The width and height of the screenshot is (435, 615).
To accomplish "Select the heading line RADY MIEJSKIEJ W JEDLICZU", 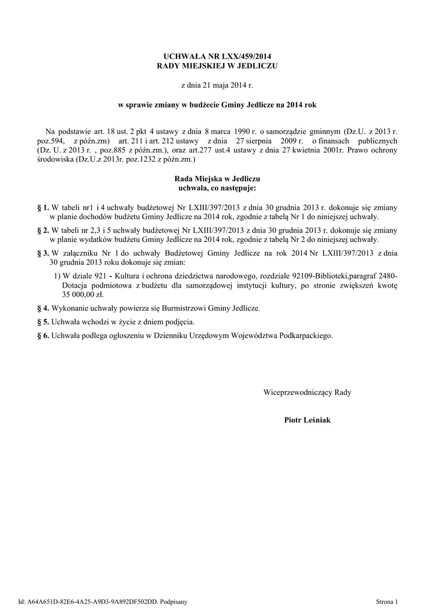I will pyautogui.click(x=217, y=65).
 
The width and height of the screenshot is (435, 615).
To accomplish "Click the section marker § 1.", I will pyautogui.click(x=43, y=207).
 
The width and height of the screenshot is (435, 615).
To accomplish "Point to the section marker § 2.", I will pyautogui.click(x=43, y=230).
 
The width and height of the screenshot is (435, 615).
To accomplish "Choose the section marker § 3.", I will pyautogui.click(x=43, y=253).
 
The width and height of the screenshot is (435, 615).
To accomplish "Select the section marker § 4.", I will pyautogui.click(x=43, y=308).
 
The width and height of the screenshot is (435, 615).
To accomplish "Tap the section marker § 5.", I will pyautogui.click(x=43, y=322).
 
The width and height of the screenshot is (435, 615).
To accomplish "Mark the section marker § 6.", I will pyautogui.click(x=43, y=336).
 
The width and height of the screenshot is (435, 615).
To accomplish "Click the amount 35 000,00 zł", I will pyautogui.click(x=83, y=295).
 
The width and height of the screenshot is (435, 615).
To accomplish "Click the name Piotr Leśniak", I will pyautogui.click(x=307, y=420).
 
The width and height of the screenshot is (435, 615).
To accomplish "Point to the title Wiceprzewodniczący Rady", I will pyautogui.click(x=307, y=392).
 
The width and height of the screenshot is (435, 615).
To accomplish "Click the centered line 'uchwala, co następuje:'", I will pyautogui.click(x=217, y=189).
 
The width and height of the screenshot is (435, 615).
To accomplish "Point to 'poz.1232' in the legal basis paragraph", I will pyautogui.click(x=125, y=160).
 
